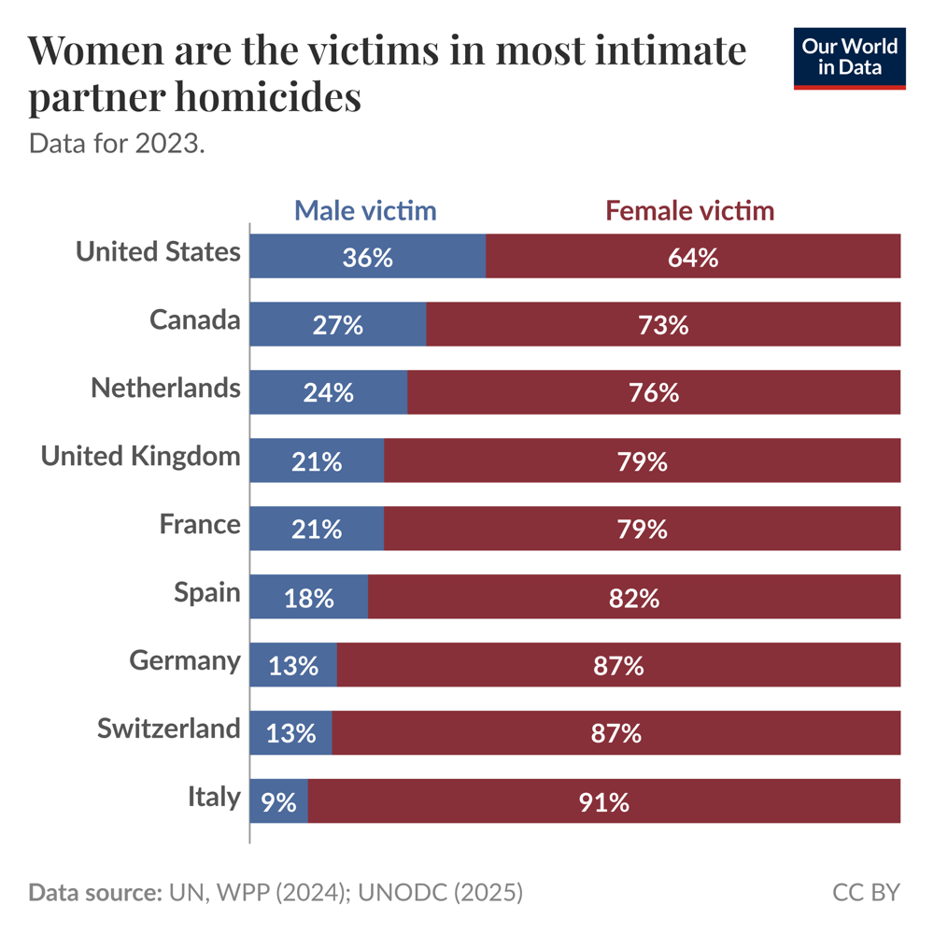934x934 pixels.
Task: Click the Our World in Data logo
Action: (850, 58)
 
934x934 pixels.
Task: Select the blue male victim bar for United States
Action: (367, 257)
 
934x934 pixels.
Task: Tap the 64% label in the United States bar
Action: (693, 258)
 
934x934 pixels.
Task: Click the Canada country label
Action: (194, 320)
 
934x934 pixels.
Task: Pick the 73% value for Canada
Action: (663, 325)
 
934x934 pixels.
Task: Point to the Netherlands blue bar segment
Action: (328, 392)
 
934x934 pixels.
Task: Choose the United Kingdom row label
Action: (140, 456)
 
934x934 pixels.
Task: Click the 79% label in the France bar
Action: (642, 529)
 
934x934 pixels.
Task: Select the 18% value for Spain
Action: (308, 598)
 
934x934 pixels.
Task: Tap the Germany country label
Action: (184, 660)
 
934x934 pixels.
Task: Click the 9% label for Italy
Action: (278, 801)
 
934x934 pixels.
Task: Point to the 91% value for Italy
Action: (603, 801)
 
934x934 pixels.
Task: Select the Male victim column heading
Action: (365, 210)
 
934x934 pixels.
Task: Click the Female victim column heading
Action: (689, 210)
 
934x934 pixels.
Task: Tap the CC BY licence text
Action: (866, 892)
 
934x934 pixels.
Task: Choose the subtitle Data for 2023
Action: (116, 145)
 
